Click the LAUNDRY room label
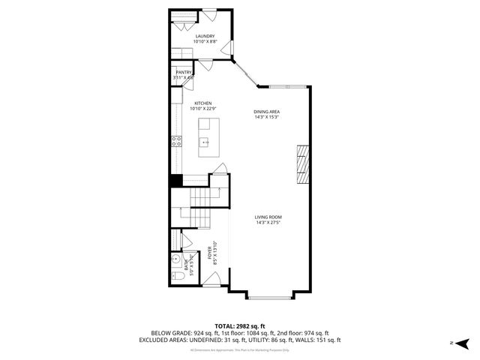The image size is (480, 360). (x=205, y=36)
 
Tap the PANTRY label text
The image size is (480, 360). (x=184, y=72)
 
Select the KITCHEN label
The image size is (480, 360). (x=203, y=103)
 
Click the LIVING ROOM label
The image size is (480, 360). (x=268, y=217)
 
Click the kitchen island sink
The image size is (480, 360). (x=204, y=141)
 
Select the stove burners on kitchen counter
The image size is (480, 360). (x=178, y=140)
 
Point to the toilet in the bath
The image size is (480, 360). (x=178, y=276)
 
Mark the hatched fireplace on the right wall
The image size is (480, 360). (x=303, y=164)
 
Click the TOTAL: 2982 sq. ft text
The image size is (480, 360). (x=240, y=325)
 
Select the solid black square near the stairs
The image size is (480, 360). (x=175, y=181)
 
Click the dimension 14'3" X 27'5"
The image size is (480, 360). (x=268, y=223)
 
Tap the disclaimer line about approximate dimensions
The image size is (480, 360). (x=240, y=350)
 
